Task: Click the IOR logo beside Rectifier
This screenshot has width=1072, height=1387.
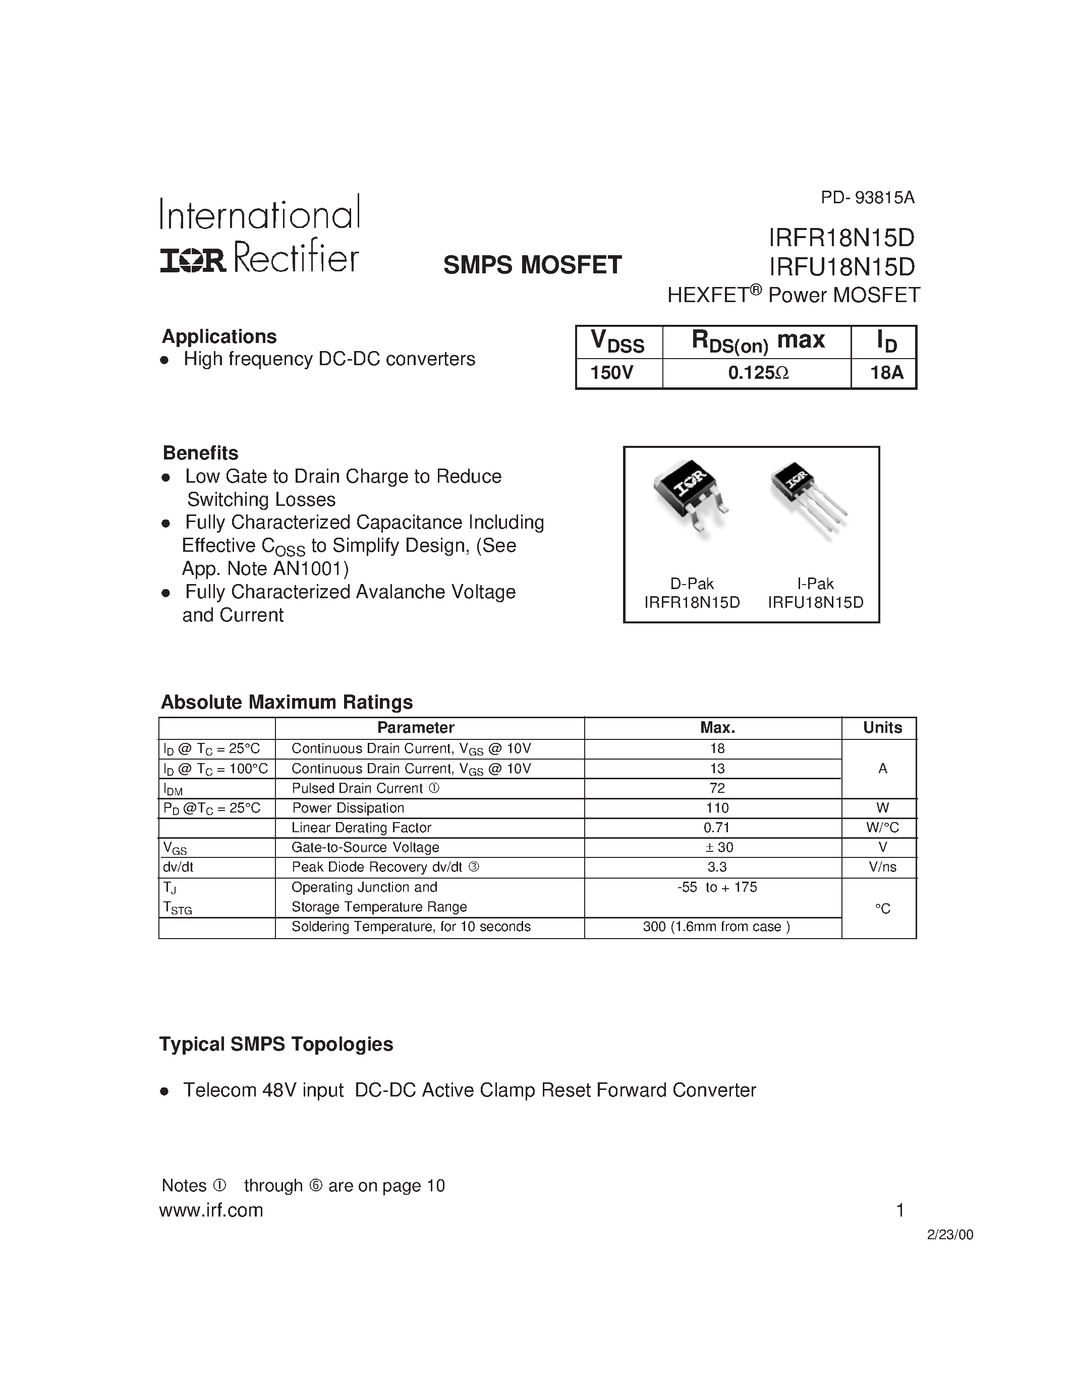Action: point(192,260)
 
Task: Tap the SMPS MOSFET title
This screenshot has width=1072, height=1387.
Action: point(532,265)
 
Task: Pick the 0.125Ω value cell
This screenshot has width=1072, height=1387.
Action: point(758,373)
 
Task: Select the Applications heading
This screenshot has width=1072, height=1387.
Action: point(219,336)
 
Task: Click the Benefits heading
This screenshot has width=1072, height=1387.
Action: point(201,453)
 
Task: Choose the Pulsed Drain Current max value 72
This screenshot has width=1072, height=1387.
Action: point(717,788)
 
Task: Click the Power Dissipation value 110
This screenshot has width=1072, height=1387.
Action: point(717,808)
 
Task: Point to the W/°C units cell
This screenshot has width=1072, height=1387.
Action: point(882,828)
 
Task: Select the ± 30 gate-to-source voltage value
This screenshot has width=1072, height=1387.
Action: point(717,847)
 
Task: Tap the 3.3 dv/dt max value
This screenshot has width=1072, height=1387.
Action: point(717,867)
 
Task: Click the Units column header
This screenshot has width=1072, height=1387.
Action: point(882,728)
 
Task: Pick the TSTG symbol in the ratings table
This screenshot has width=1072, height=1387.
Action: point(177,908)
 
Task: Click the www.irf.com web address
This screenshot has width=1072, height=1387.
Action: point(211,1210)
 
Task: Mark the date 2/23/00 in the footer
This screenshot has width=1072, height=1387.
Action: point(949,1235)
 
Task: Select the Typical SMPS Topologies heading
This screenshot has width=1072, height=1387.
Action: point(276,1044)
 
